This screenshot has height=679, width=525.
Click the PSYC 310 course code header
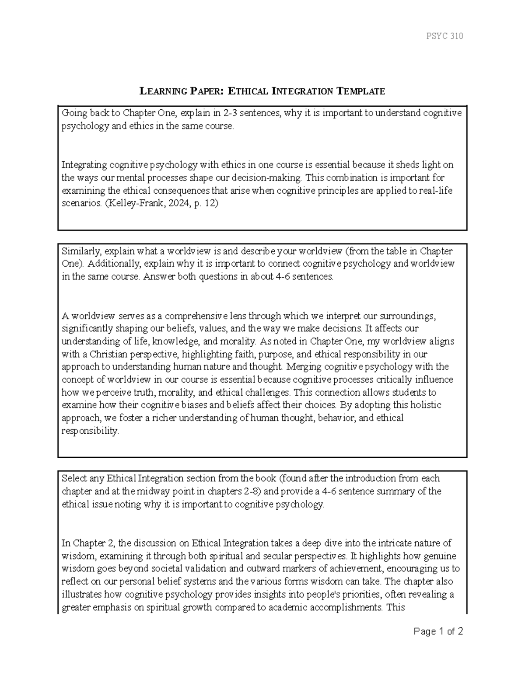coord(444,36)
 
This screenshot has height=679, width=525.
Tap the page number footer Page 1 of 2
coord(438,631)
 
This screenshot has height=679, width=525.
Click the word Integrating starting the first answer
coord(84,165)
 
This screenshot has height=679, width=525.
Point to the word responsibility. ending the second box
coord(90,431)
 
